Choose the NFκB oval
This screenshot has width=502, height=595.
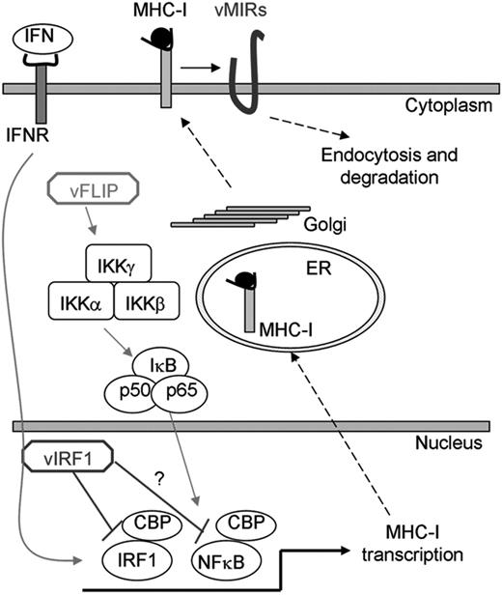click(x=223, y=555)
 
